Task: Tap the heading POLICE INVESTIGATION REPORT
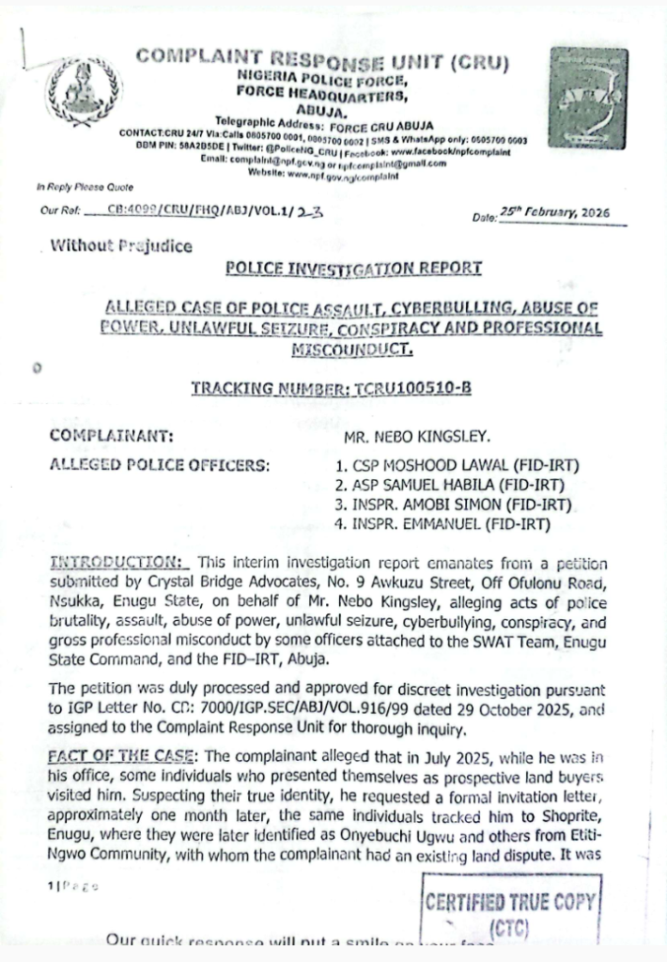pos(354,269)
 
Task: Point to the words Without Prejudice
pos(121,247)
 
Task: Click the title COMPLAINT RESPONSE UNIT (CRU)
pos(322,60)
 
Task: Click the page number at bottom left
pos(70,886)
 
